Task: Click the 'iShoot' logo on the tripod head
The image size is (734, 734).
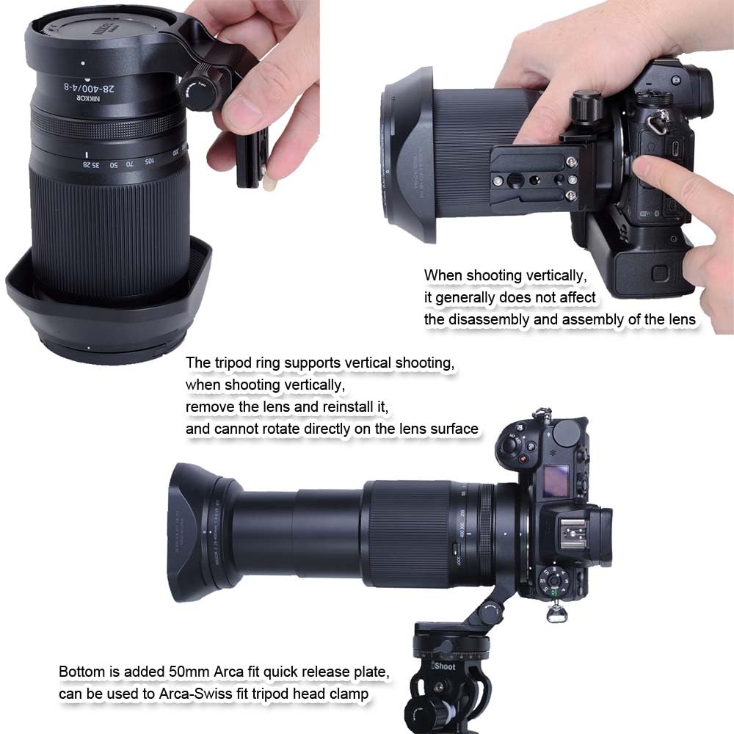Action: pyautogui.click(x=443, y=666)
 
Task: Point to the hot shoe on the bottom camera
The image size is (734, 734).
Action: pyautogui.click(x=573, y=529)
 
